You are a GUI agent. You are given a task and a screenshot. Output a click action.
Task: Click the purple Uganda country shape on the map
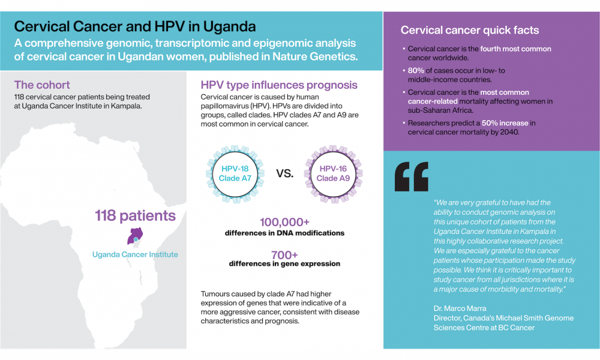click(x=135, y=235)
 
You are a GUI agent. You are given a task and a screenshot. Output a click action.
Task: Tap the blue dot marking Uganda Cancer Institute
click(x=136, y=239)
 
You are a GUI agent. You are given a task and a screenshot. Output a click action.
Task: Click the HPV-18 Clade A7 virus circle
click(x=235, y=173)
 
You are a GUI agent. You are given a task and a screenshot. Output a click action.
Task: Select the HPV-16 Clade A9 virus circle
click(x=333, y=173)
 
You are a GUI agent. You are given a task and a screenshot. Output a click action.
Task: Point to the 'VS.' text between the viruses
click(x=284, y=173)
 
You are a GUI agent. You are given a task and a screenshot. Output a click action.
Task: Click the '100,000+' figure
click(x=284, y=222)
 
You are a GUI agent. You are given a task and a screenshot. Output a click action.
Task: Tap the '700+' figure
click(x=284, y=254)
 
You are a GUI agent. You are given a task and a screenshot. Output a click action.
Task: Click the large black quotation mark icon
click(x=412, y=177)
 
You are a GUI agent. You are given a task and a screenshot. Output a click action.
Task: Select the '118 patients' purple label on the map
click(x=135, y=215)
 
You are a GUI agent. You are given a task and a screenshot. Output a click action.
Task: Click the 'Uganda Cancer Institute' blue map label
click(x=135, y=254)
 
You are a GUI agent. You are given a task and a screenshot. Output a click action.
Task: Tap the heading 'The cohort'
click(x=42, y=85)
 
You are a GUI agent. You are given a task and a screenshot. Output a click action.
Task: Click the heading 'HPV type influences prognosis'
click(x=279, y=85)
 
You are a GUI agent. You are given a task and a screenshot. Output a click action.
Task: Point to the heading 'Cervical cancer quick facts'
click(x=470, y=30)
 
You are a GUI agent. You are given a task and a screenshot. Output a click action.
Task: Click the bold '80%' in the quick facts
click(x=416, y=70)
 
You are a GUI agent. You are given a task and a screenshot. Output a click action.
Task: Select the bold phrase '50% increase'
click(x=505, y=123)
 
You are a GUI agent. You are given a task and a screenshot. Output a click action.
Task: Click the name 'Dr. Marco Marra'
click(x=460, y=308)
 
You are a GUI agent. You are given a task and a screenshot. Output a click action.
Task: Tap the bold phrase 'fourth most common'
click(x=516, y=49)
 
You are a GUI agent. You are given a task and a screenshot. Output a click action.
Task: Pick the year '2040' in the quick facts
click(x=509, y=132)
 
